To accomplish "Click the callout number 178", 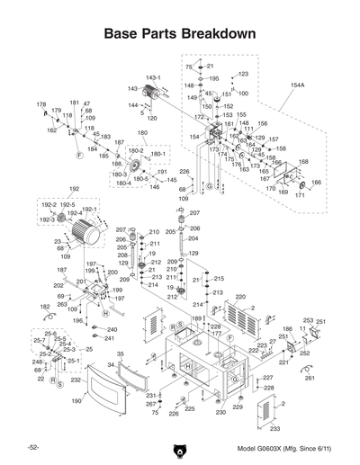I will [x=40, y=104].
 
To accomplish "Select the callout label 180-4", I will [x=124, y=183].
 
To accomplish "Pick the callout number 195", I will [x=213, y=78].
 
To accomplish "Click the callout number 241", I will [x=111, y=340].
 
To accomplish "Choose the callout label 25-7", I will [x=39, y=341].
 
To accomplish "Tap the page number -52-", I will [x=31, y=447].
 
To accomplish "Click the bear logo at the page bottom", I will [x=180, y=447].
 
